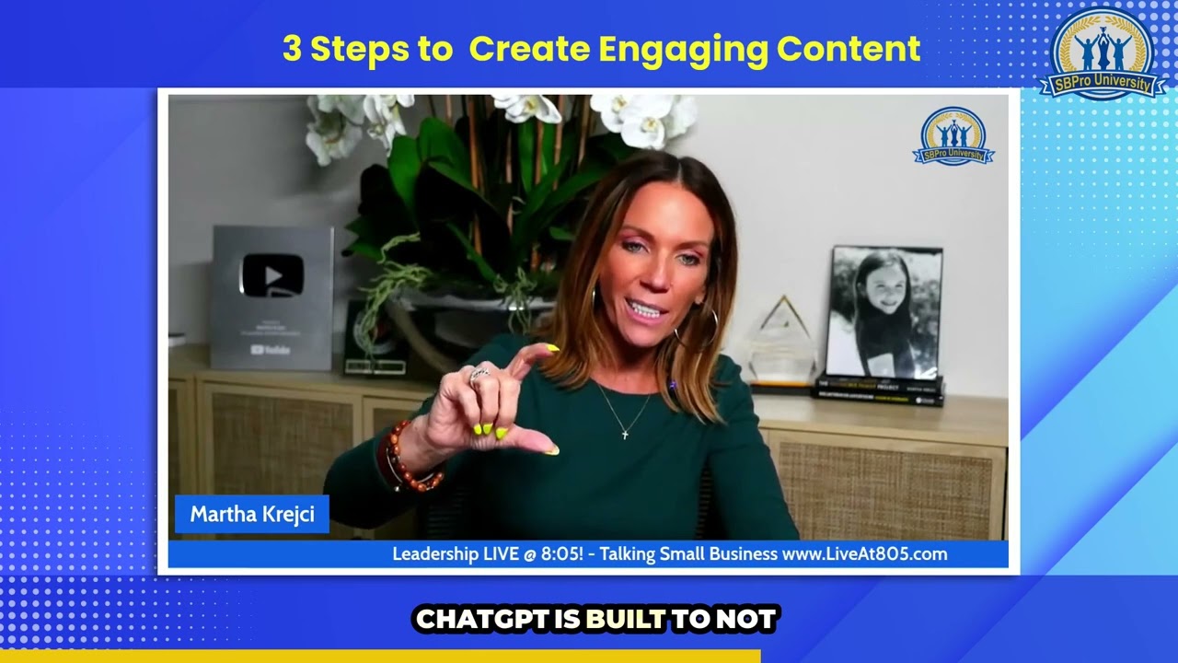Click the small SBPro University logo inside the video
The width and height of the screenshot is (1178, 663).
(x=953, y=135)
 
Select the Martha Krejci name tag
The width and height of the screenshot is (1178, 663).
(x=252, y=514)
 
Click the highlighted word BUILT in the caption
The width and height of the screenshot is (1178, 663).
(x=626, y=620)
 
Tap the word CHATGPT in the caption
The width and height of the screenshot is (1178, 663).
(x=481, y=620)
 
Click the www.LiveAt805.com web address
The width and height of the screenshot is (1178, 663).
(x=864, y=553)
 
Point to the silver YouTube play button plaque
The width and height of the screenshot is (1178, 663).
(x=271, y=297)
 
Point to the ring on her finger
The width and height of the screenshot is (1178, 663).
(x=479, y=374)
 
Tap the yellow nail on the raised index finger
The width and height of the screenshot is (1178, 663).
(x=551, y=348)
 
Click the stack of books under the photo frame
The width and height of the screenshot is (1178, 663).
(x=878, y=390)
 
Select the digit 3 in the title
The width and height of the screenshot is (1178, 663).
(x=292, y=49)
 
